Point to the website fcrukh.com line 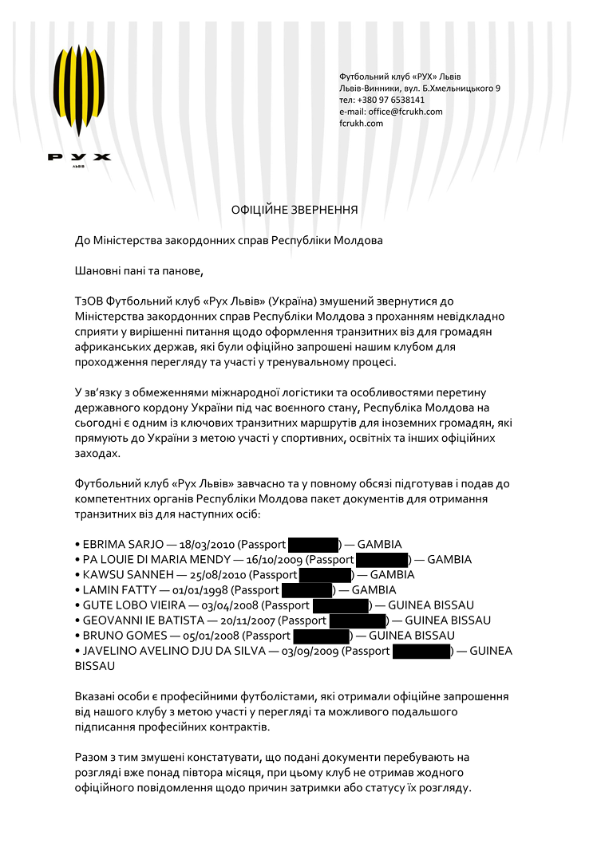click(361, 124)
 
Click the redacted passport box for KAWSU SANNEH click(326, 575)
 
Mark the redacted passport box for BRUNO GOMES click(322, 636)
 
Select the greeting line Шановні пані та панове click(140, 270)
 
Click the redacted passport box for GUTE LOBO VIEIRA click(341, 605)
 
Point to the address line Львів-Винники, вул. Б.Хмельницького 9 click(420, 89)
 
